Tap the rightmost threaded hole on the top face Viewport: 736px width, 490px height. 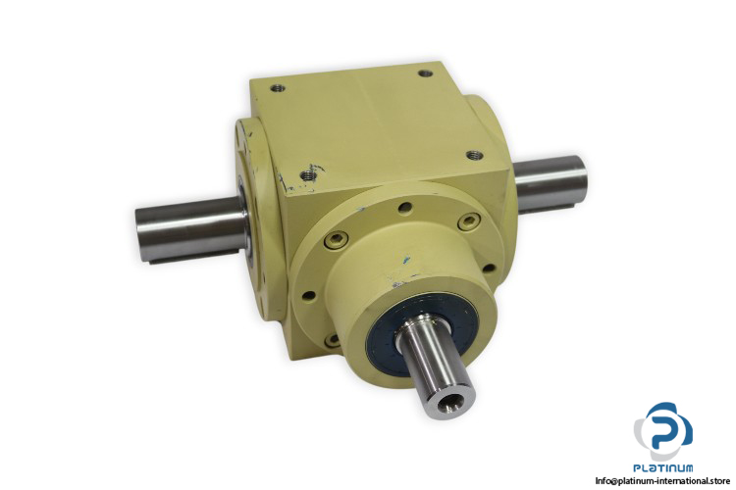point(473,155)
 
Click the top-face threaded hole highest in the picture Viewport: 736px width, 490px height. point(425,73)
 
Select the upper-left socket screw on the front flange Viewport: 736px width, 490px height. point(337,240)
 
